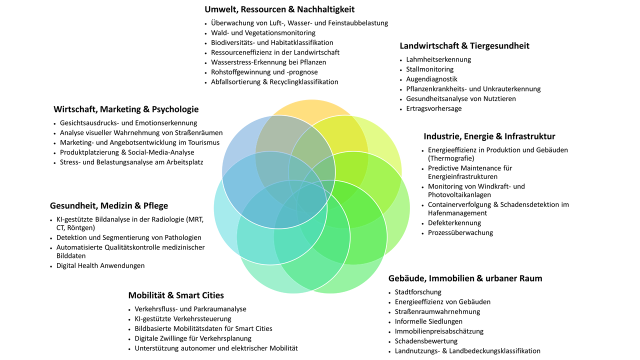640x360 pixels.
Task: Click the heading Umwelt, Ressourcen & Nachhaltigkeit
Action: coord(279,9)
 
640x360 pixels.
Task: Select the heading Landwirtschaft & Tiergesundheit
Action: coord(464,46)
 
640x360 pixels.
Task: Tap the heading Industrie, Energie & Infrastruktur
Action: coord(489,136)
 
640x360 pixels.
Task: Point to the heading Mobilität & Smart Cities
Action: coord(176,295)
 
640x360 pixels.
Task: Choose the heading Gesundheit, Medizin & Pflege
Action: coord(109,206)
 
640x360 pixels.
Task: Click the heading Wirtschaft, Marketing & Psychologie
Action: coord(126,109)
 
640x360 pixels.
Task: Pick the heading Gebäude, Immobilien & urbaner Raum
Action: coord(465,278)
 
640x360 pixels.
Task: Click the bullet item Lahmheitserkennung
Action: coord(438,59)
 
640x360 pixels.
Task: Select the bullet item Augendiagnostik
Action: coord(431,79)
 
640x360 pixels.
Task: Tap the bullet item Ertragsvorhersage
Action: coord(433,108)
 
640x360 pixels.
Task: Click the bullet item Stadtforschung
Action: coord(418,292)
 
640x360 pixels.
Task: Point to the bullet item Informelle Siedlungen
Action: coord(428,321)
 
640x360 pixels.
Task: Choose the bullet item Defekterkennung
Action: coord(454,223)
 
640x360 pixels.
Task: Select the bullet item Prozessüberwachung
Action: coord(460,232)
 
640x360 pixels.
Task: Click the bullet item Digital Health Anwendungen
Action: coord(100,266)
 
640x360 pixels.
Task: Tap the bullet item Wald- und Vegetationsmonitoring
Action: coord(263,33)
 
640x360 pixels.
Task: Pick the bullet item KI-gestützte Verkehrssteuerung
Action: coord(183,319)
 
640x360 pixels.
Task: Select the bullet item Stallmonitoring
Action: coord(429,69)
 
